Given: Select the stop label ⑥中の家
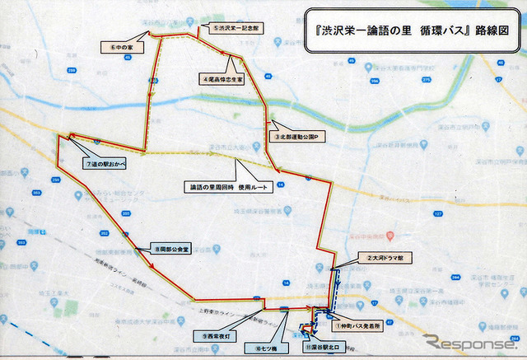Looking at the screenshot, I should point(123,48).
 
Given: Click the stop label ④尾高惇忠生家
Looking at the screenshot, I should point(222,80).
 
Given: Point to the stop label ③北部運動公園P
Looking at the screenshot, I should point(300,135).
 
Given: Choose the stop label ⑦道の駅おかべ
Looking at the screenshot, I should point(110,163).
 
